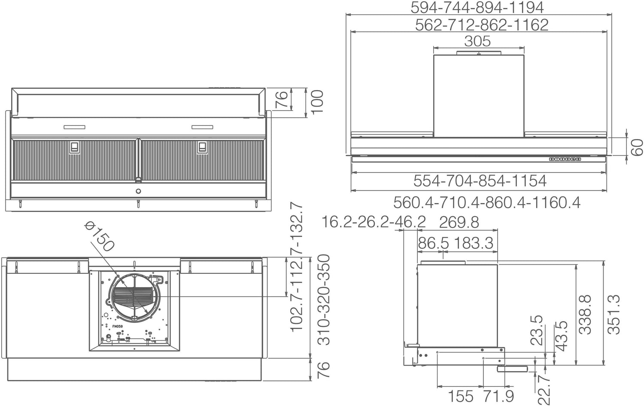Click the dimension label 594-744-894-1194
pos(477,7)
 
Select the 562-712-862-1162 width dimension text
pos(482,25)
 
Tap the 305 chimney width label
pos(477,41)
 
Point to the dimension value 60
pos(637,147)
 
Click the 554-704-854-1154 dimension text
pos(480,181)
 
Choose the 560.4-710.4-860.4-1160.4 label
pos(487,203)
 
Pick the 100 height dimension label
pos(317,102)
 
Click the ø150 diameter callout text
pos(100,236)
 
